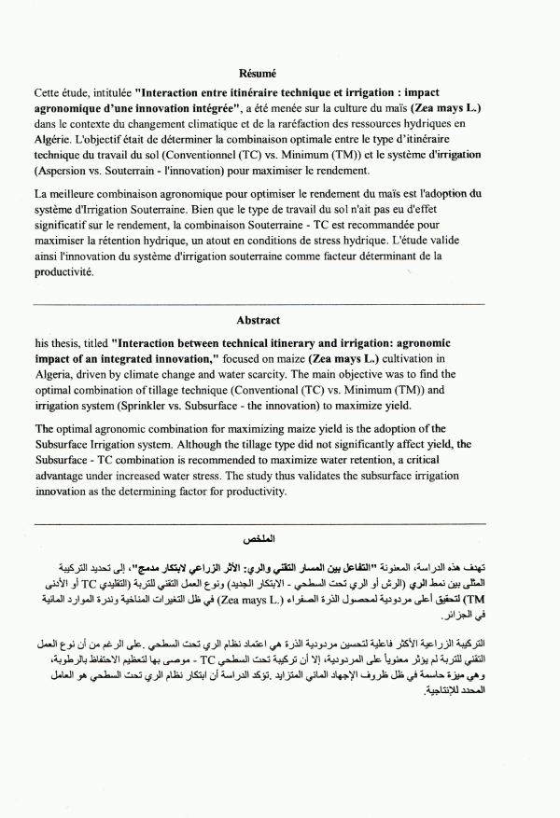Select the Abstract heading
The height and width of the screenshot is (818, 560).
259,320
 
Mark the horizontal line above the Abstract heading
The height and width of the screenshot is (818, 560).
259,304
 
